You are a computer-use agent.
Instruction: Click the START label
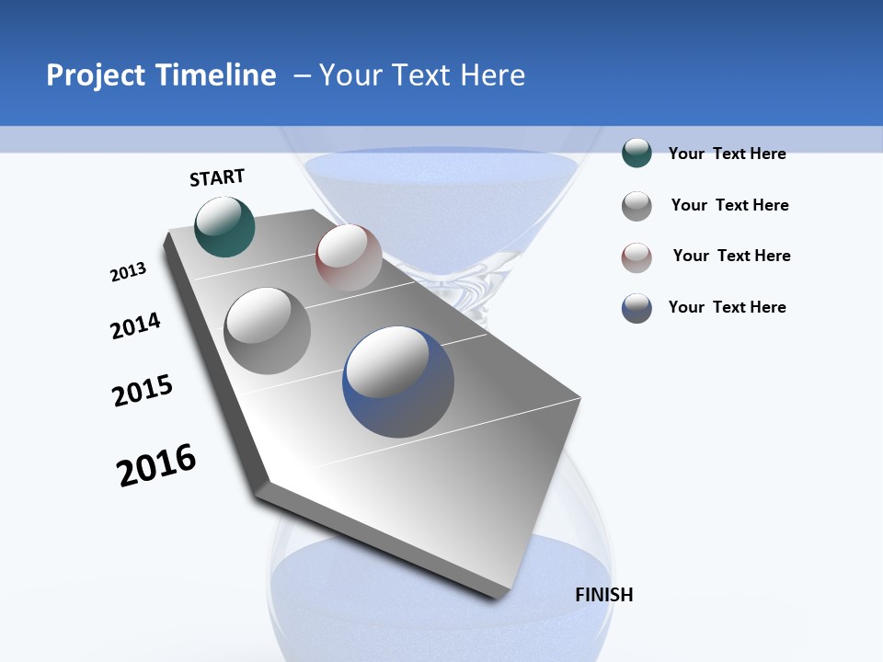click(217, 177)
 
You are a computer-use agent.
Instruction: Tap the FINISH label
click(603, 595)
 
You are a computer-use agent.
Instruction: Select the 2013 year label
click(128, 272)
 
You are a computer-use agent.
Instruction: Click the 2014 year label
click(135, 325)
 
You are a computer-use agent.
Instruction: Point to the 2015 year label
click(143, 391)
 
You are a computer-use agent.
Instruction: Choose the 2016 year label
click(156, 464)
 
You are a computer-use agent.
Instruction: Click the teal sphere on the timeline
click(224, 226)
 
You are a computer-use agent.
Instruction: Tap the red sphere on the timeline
click(349, 257)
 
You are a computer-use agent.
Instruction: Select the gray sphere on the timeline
click(267, 330)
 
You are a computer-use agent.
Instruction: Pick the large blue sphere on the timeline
click(398, 382)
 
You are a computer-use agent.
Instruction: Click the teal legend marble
click(636, 153)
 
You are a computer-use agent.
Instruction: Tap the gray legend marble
click(636, 205)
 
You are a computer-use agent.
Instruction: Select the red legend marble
click(636, 257)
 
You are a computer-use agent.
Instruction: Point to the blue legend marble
click(636, 308)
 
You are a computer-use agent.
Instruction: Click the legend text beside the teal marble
click(727, 154)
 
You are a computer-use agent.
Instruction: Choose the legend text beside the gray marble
click(729, 205)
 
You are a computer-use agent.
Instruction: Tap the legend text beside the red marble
click(731, 256)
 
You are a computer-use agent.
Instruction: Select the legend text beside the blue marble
click(727, 307)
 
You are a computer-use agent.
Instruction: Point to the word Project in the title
click(96, 75)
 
